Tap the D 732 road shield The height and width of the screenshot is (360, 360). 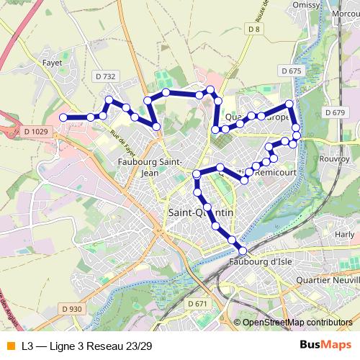coord(105,75)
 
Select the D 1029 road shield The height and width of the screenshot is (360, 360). coord(35,131)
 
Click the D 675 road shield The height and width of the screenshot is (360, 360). coord(291,71)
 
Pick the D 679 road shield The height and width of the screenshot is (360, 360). coord(336,112)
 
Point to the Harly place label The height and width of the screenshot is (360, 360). coord(345,235)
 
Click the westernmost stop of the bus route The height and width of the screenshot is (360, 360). coord(63,117)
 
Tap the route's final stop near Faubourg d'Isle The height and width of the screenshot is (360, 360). coord(242,250)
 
